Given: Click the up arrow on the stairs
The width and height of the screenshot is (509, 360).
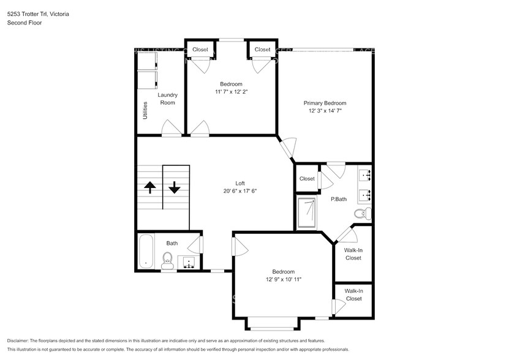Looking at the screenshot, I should click(x=149, y=187).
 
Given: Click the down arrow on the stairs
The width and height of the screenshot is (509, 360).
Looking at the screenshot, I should click(x=175, y=187).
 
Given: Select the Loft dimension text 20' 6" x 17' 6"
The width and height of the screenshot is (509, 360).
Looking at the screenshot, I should click(x=240, y=191).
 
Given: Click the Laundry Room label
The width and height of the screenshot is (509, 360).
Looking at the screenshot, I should click(x=167, y=99).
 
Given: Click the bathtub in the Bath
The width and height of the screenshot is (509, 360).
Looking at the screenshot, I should click(x=146, y=251).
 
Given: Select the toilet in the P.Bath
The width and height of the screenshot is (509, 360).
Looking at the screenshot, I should click(x=362, y=213).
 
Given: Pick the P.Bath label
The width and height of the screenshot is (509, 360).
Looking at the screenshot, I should click(x=339, y=199).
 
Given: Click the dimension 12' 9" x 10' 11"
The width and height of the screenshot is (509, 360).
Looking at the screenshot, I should click(x=283, y=279).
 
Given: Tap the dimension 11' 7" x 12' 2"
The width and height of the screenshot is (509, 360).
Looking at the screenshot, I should click(x=231, y=91).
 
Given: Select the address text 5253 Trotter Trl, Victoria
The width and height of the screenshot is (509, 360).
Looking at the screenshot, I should click(x=38, y=13).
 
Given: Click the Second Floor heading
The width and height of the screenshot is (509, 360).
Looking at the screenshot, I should click(x=25, y=23).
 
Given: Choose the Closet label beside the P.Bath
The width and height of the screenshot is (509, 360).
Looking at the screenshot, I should click(x=307, y=179).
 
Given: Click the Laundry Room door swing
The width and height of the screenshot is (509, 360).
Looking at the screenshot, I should click(x=171, y=129).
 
